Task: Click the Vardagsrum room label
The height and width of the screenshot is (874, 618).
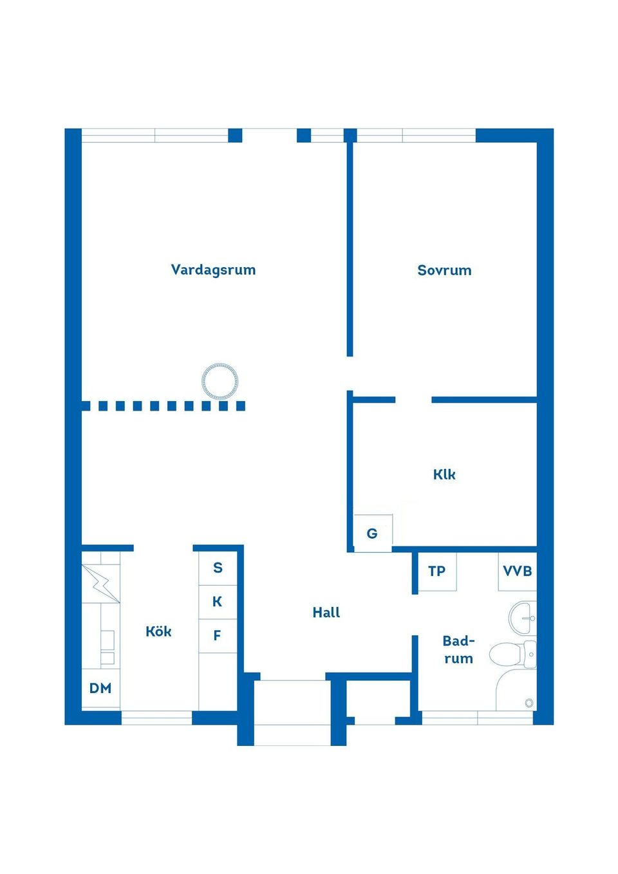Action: coord(213,270)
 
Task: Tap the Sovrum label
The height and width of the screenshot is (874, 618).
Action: coord(444,270)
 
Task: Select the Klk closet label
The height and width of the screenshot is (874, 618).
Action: coord(444,474)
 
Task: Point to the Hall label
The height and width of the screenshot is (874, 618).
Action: coord(326,613)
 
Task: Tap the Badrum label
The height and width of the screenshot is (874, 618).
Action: coord(459,649)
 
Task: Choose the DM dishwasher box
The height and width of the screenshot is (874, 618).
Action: coord(100,688)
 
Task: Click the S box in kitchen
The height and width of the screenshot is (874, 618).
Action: coord(218,568)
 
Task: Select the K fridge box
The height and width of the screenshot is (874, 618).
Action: coord(218,602)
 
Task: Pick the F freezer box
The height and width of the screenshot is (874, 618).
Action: coord(218,636)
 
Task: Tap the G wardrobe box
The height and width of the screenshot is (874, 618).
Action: coord(373,533)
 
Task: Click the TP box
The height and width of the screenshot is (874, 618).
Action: coord(437,572)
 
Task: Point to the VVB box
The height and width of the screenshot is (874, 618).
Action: coord(518,572)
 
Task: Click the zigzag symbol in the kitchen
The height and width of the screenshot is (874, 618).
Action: coord(100,584)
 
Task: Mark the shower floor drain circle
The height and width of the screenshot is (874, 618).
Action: coord(529,703)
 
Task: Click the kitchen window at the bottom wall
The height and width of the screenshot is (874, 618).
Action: coord(156,718)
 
